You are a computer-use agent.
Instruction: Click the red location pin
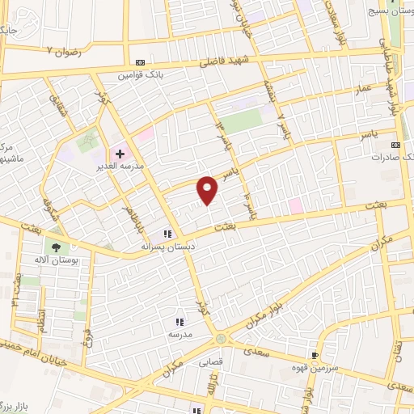click(209, 188)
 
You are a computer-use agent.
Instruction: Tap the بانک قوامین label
click(137, 75)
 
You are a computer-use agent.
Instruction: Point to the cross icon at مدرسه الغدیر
click(120, 151)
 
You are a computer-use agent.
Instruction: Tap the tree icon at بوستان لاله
click(56, 247)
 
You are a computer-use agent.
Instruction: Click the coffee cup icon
click(314, 355)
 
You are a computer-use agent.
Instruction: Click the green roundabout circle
click(220, 339)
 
